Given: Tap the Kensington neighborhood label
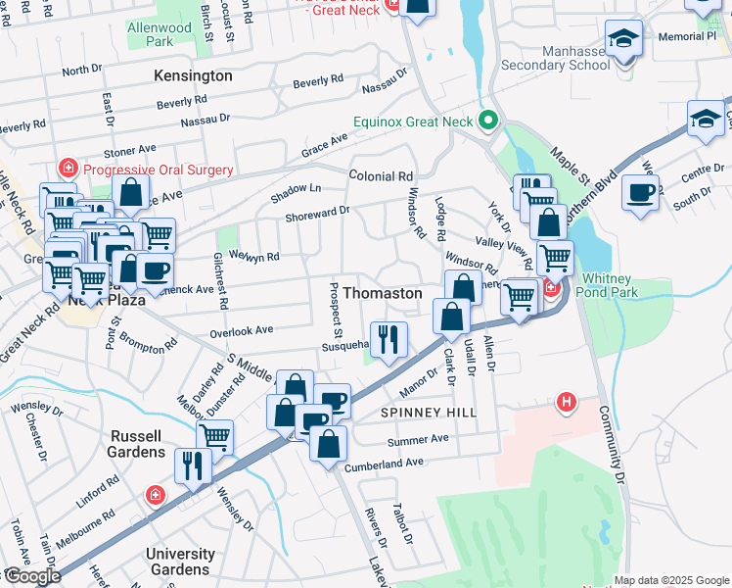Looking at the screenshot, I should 193,75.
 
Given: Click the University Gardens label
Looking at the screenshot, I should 180,562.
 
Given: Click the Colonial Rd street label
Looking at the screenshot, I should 381,176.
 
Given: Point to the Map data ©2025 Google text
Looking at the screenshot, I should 670,580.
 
